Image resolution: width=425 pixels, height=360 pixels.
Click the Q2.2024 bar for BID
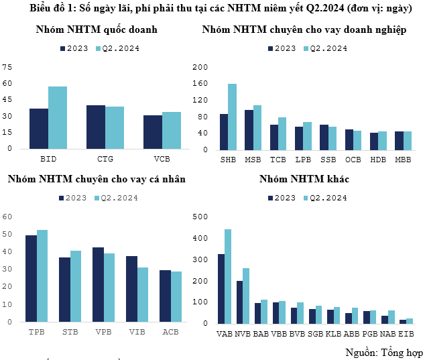[x=58, y=117]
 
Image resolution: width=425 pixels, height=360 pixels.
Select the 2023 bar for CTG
[x=96, y=127]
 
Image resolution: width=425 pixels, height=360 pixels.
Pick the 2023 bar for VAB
[x=221, y=288]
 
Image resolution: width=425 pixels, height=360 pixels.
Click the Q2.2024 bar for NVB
[x=245, y=296]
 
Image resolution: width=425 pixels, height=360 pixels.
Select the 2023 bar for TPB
[x=31, y=278]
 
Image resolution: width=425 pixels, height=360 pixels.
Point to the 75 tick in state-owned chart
[x=7, y=67]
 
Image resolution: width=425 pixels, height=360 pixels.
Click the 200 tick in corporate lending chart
[x=200, y=68]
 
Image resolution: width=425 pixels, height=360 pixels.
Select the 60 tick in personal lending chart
[x=7, y=217]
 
